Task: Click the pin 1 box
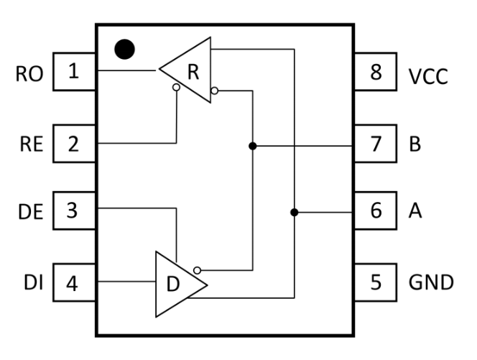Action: click(x=75, y=72)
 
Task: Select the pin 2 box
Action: click(x=75, y=144)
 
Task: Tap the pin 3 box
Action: click(x=75, y=211)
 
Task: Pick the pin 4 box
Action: click(x=75, y=282)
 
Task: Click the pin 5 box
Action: click(x=376, y=282)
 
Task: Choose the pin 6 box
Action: click(x=376, y=211)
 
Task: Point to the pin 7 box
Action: click(x=376, y=144)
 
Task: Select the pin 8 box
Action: click(x=376, y=72)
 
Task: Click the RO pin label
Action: click(x=29, y=74)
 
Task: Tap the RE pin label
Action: click(x=31, y=144)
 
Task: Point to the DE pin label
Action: click(x=30, y=212)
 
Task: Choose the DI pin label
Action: click(x=34, y=282)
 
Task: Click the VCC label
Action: click(x=428, y=76)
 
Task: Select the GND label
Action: click(x=431, y=282)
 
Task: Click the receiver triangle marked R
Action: click(x=185, y=70)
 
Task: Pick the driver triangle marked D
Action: click(x=182, y=285)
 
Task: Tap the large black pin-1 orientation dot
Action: click(x=125, y=50)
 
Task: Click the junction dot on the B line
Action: click(x=252, y=146)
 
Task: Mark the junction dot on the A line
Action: click(x=294, y=212)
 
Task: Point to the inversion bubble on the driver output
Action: click(x=197, y=270)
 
